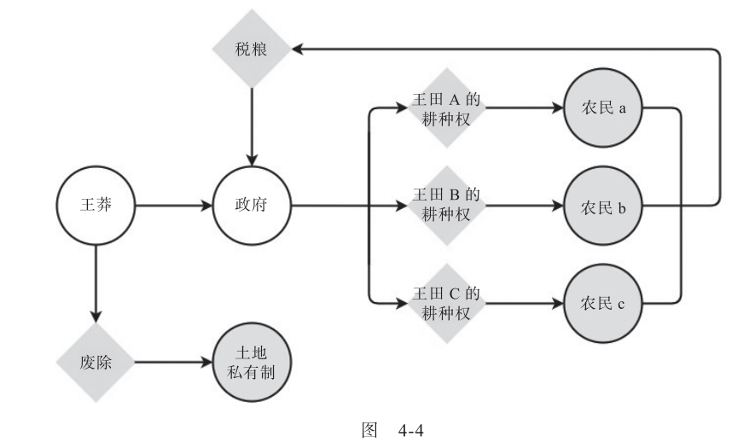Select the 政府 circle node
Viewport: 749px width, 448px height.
pos(252,206)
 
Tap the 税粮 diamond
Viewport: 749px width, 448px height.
pos(252,49)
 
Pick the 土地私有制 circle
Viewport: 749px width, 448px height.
pos(252,361)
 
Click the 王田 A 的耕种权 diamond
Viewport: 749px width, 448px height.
pos(446,108)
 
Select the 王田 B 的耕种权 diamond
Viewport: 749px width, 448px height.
pos(446,206)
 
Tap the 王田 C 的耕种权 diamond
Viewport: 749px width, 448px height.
pos(446,302)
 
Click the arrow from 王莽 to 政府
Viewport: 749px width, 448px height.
pos(171,206)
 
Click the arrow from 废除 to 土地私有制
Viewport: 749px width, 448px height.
pos(171,361)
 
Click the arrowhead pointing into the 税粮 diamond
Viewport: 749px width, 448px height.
pos(299,49)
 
